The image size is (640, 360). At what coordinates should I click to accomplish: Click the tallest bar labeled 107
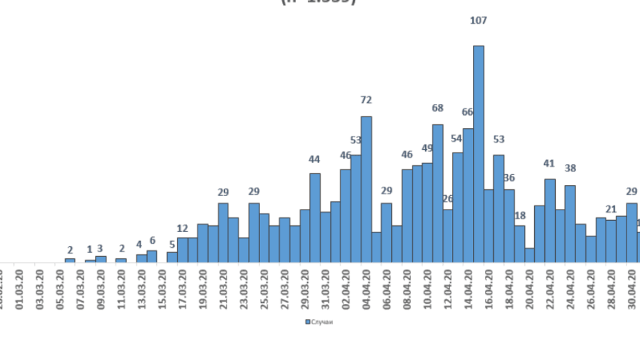[x=479, y=154]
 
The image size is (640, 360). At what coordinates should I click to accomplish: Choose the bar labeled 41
[x=550, y=221]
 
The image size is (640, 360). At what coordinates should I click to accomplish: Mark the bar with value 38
[x=570, y=224]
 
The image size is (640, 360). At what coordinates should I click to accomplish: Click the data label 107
[x=479, y=21]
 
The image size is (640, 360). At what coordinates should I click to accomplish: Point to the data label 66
[x=467, y=112]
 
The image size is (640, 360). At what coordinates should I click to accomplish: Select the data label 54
[x=456, y=139]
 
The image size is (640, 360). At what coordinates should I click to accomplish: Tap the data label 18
[x=520, y=215]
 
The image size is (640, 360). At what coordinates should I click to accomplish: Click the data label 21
[x=611, y=209]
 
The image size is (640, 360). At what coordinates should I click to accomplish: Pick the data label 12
[x=182, y=228]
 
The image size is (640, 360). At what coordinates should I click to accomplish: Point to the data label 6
[x=152, y=241]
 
